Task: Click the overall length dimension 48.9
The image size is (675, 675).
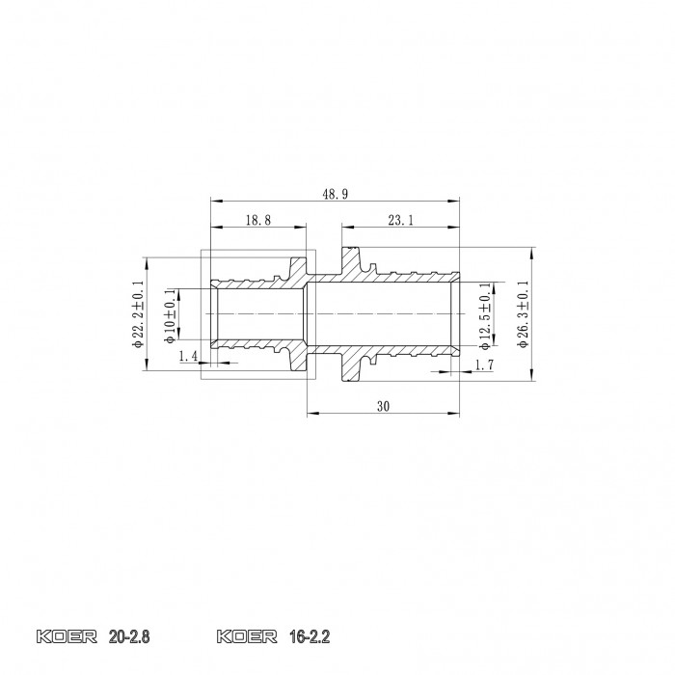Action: click(336, 194)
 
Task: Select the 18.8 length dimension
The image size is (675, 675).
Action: click(257, 221)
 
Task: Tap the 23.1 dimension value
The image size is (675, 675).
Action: click(401, 221)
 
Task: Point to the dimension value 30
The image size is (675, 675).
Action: click(383, 407)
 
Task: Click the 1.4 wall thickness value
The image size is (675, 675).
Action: click(188, 357)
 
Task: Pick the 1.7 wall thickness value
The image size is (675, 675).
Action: click(484, 364)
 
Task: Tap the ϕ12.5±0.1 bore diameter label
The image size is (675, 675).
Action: click(485, 314)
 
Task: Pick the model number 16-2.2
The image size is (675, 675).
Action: click(309, 637)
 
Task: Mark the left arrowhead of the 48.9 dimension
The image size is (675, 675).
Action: click(214, 202)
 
